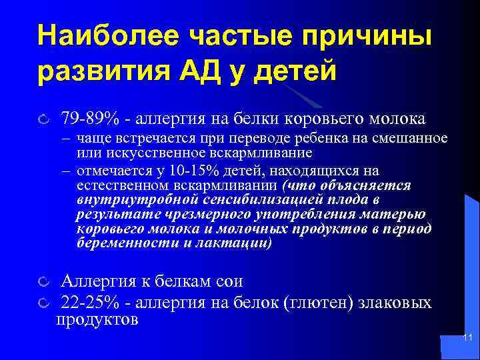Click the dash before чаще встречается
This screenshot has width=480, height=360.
tap(67, 139)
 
